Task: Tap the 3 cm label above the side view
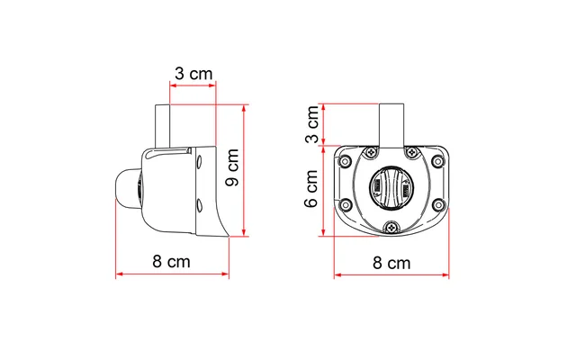tap(193, 74)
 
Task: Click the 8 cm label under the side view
tap(171, 262)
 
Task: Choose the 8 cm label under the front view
tap(391, 263)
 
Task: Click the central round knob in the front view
tap(391, 190)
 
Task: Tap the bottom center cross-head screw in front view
tap(391, 229)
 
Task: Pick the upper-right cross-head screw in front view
tap(411, 152)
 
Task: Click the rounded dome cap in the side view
tap(126, 189)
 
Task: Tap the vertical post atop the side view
tap(163, 126)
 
